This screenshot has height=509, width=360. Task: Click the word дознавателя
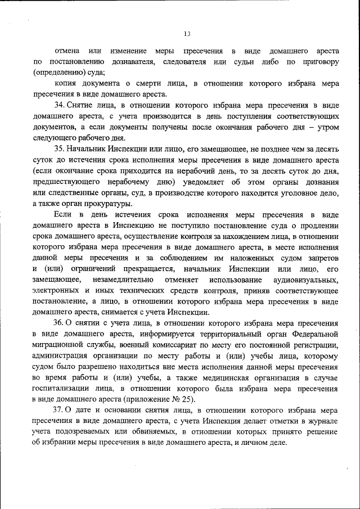(132, 61)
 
